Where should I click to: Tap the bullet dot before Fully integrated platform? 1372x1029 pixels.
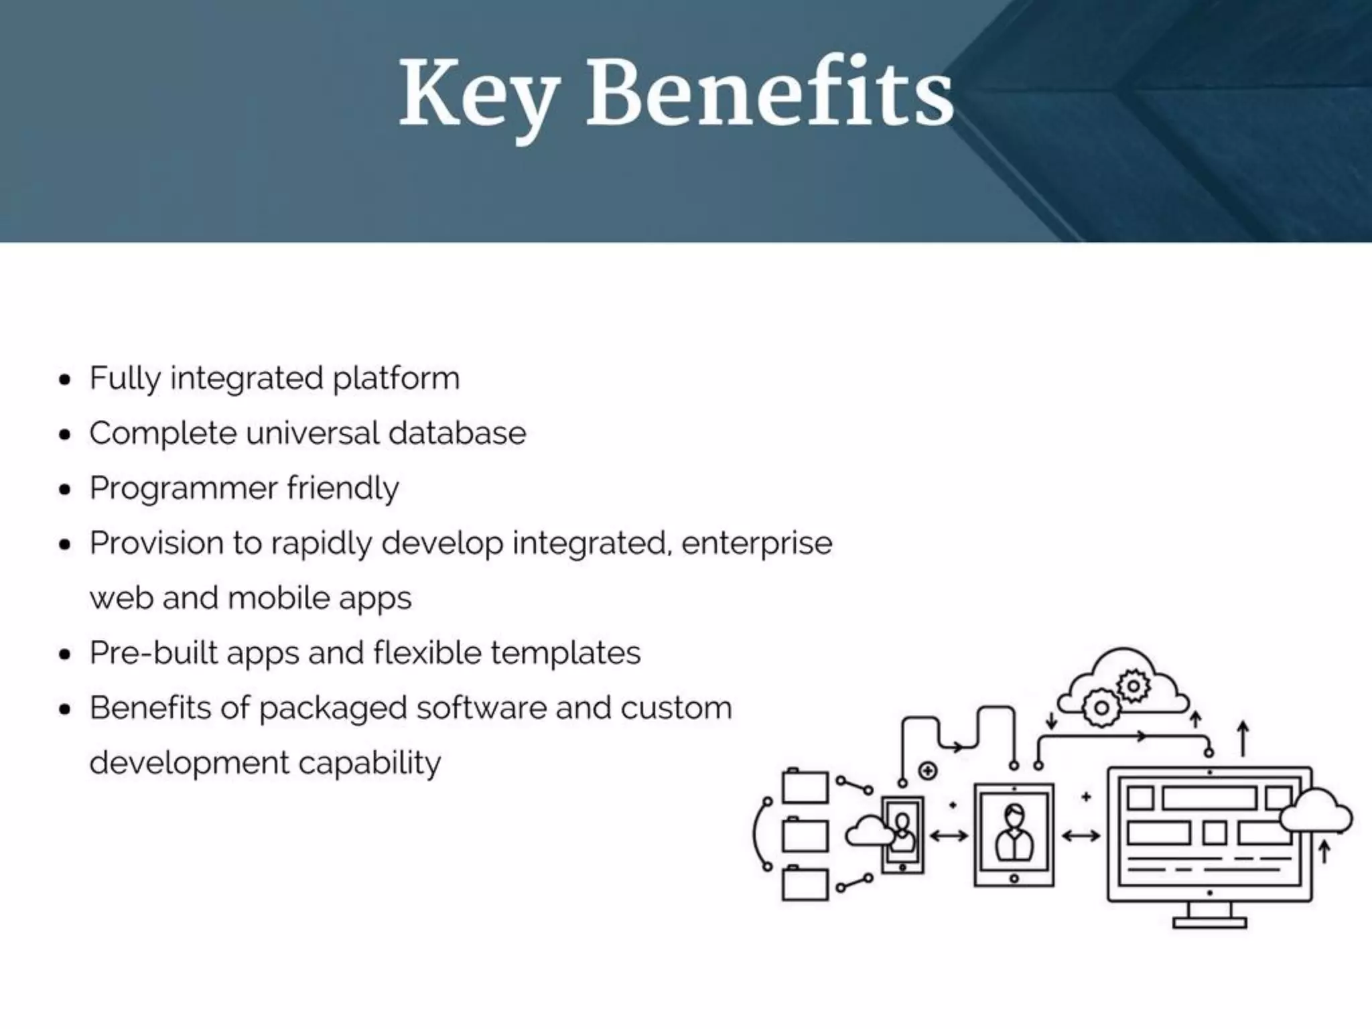pos(65,380)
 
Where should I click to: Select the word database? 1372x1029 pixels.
pos(457,433)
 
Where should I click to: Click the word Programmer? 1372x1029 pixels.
pos(184,488)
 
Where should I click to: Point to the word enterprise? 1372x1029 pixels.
pos(756,543)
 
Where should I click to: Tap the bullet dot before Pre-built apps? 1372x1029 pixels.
pos(65,655)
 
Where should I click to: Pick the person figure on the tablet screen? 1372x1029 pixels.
pos(1014,834)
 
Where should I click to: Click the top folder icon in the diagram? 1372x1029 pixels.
pos(805,786)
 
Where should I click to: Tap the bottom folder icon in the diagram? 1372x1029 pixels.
pos(805,884)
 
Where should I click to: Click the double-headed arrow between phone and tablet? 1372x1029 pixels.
pos(949,835)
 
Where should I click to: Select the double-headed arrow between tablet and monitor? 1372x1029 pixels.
pos(1081,835)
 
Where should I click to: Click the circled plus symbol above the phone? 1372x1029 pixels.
pos(928,771)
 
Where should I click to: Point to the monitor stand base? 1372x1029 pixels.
pos(1209,922)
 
